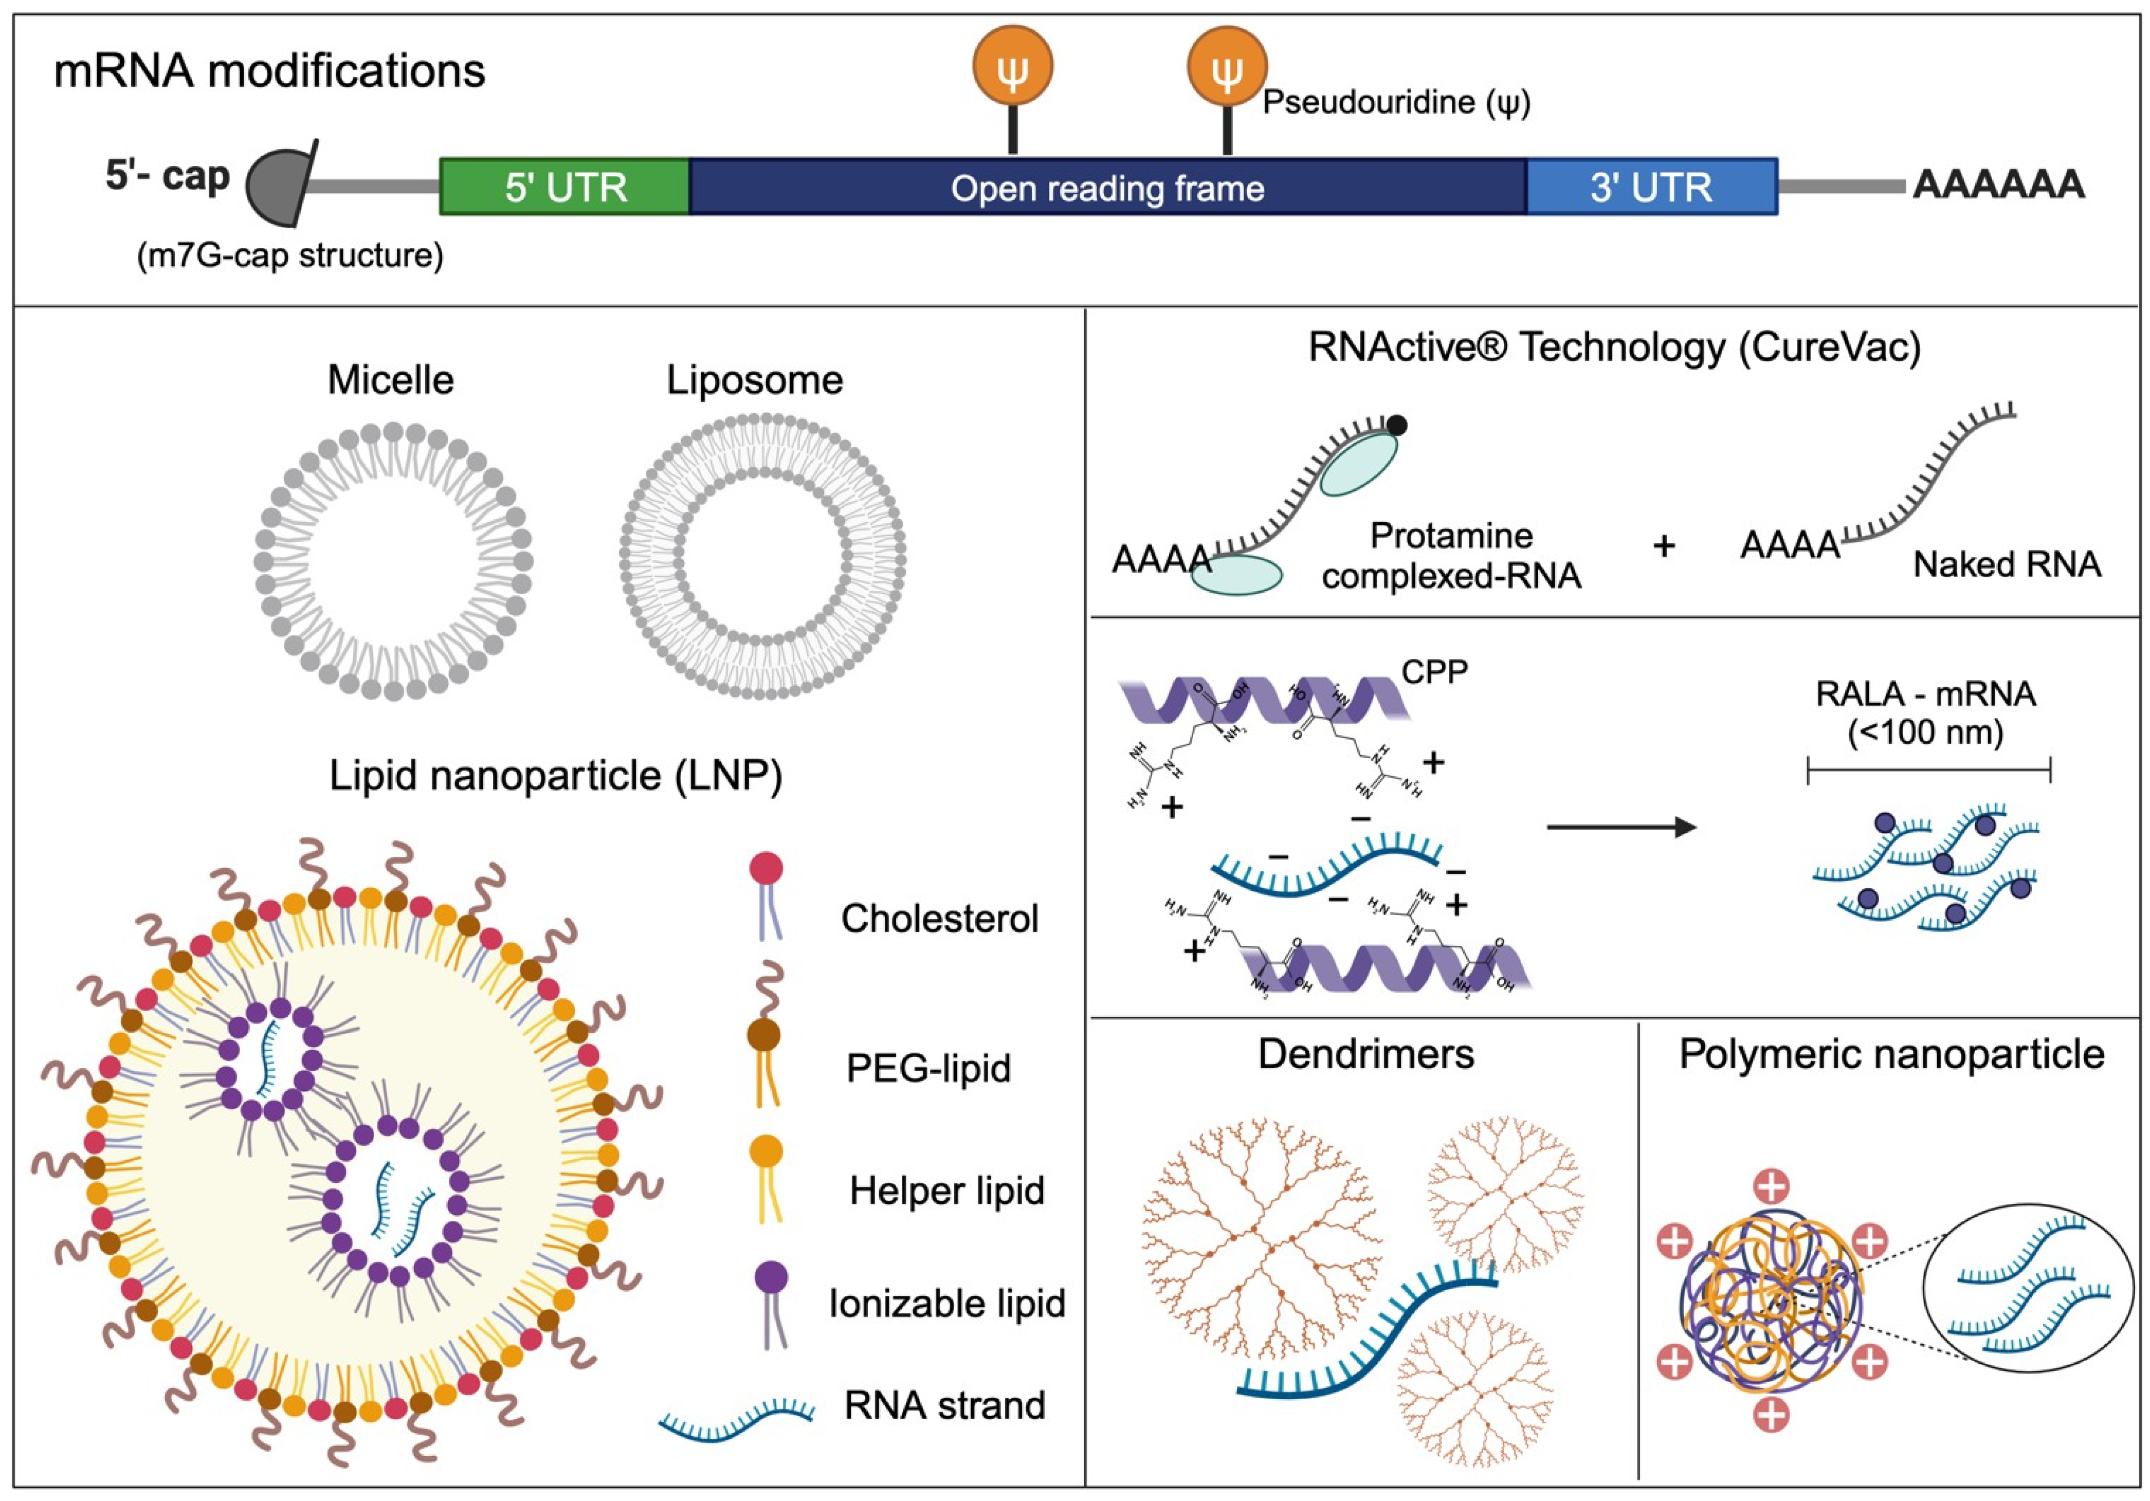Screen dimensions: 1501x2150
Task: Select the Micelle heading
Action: (x=391, y=380)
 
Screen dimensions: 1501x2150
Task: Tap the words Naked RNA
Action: (x=2006, y=564)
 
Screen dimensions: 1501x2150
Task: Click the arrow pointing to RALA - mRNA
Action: (x=1620, y=827)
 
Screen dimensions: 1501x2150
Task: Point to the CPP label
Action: (x=1434, y=671)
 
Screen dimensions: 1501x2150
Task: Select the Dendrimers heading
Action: (x=1365, y=1054)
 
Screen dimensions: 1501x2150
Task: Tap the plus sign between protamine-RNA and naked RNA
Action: (x=1663, y=546)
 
